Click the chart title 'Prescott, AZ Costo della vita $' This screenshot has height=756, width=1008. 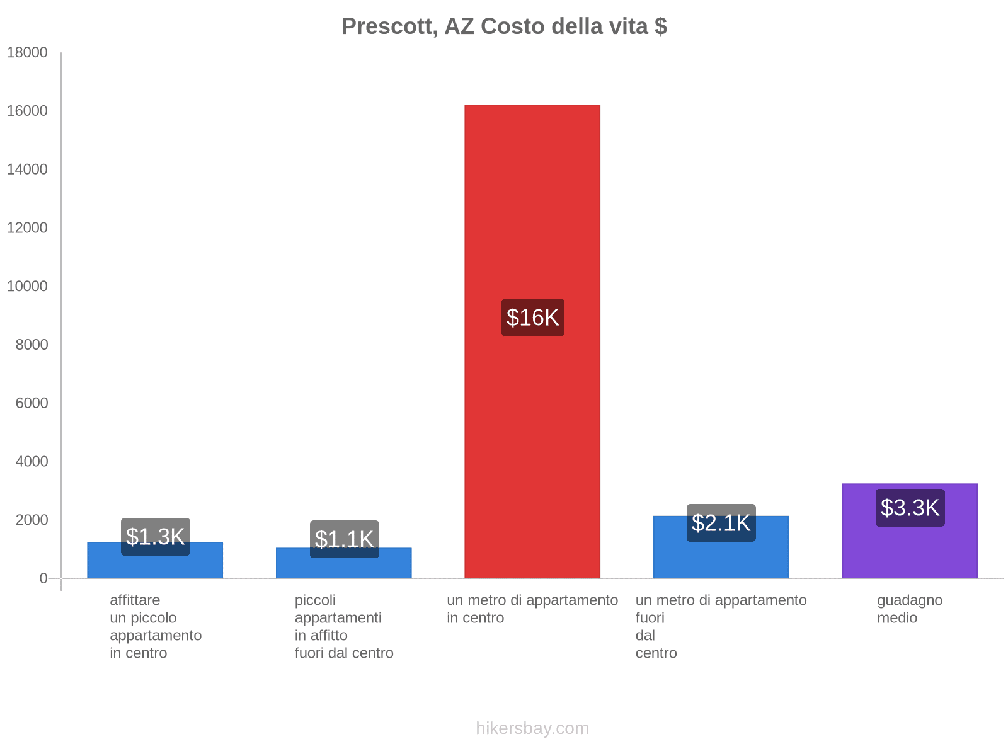coord(504,26)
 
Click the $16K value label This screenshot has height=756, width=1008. coord(532,318)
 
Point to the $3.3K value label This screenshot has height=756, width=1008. coord(910,508)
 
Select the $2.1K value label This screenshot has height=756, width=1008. coord(721,523)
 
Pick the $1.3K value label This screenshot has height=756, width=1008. coord(155,537)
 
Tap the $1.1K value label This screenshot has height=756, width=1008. coord(344,539)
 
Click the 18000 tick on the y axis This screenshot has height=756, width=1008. coord(27,52)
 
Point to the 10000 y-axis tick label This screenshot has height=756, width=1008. coord(27,286)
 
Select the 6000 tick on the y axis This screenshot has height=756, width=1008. coord(31,403)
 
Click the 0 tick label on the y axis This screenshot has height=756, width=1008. coord(43,578)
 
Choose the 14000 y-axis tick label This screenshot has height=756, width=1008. coord(27,169)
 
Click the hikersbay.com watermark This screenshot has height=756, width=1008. coord(532,728)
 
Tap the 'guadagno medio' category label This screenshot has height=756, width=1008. coord(909,609)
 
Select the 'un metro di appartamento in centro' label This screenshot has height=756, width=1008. coord(532,609)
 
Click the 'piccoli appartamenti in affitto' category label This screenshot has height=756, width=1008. coord(344,626)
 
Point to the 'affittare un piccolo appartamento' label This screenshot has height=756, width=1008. coord(155,626)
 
